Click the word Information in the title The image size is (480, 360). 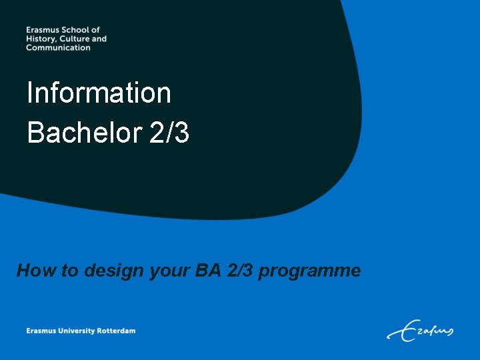point(99,93)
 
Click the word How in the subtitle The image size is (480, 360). point(32,271)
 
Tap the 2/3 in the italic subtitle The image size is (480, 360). point(238,271)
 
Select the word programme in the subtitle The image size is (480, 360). point(309,271)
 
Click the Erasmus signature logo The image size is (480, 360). point(420,329)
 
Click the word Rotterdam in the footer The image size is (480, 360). point(117,331)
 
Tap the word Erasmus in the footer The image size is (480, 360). point(41,331)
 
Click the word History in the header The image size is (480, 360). point(41,39)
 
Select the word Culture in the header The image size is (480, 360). point(75,39)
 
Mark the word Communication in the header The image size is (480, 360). point(58,47)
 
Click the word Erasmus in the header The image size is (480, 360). point(42,30)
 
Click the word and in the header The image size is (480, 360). point(99,39)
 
